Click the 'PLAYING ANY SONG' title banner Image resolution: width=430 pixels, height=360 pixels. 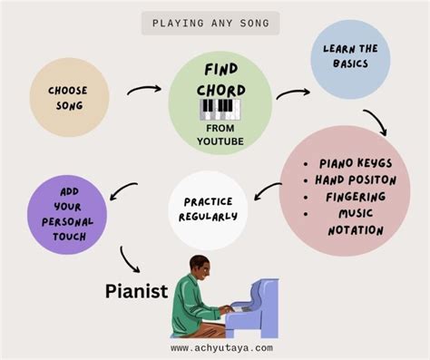pyautogui.click(x=210, y=24)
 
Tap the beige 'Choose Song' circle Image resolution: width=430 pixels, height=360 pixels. pyautogui.click(x=69, y=98)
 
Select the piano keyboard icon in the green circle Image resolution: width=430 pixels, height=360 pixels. pyautogui.click(x=220, y=111)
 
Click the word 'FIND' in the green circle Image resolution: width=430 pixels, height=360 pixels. pyautogui.click(x=220, y=71)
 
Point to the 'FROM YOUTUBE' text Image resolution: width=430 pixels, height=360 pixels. pyautogui.click(x=220, y=134)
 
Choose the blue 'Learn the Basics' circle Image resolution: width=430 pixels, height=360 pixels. pyautogui.click(x=349, y=60)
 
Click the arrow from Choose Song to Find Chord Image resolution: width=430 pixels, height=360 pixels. pyautogui.click(x=143, y=90)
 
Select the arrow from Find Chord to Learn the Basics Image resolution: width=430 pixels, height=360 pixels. pyautogui.click(x=292, y=92)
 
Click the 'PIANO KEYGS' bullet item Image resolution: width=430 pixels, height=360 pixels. pyautogui.click(x=355, y=163)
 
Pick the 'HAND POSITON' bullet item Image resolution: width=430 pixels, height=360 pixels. pyautogui.click(x=356, y=180)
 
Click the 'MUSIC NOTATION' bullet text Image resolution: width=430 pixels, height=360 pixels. pyautogui.click(x=355, y=220)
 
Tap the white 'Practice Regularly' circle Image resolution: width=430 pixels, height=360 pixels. pyautogui.click(x=208, y=209)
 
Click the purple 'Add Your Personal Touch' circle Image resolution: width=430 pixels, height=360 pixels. pyautogui.click(x=68, y=215)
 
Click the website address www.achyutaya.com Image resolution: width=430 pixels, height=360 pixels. pyautogui.click(x=221, y=347)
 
